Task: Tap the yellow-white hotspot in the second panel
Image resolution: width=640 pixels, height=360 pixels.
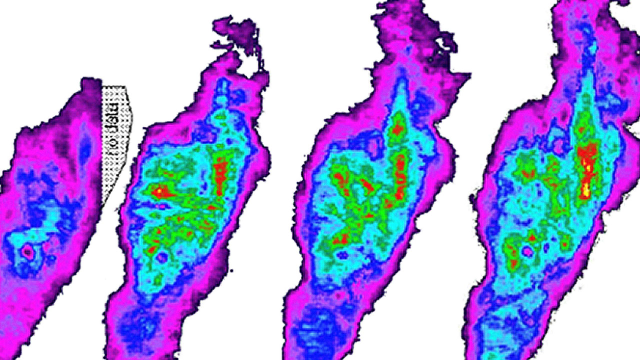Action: click(159, 190)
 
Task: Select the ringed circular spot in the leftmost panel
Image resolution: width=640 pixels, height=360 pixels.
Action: click(27, 253)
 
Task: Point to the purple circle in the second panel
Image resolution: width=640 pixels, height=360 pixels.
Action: click(161, 257)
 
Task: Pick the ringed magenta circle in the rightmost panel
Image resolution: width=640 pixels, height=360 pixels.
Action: click(528, 250)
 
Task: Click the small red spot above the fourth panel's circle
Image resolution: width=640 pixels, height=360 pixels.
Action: click(531, 237)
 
